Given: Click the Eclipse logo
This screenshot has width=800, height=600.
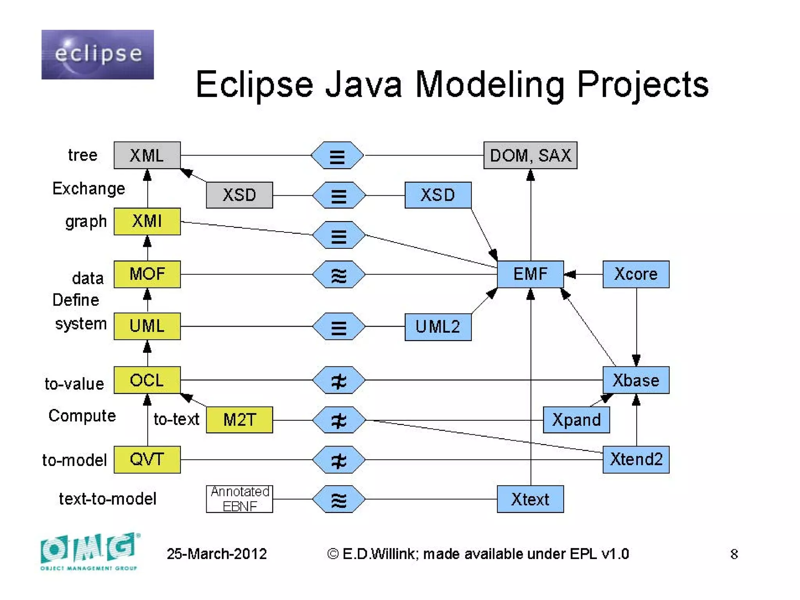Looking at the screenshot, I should tap(97, 54).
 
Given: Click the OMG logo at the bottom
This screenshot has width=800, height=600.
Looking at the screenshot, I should tap(89, 551).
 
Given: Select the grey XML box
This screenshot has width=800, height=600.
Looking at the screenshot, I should tap(147, 155).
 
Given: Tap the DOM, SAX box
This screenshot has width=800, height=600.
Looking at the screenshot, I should tap(530, 155).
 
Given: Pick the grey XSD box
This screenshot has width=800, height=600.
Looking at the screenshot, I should tap(239, 195).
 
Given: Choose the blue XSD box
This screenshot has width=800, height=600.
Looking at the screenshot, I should tap(437, 195).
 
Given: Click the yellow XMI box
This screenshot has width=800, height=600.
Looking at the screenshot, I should tap(147, 221).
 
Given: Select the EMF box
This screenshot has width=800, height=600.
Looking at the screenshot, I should tap(530, 274).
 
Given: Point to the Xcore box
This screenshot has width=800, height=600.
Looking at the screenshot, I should tap(636, 274).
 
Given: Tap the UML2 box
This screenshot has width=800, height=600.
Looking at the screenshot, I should tap(437, 327).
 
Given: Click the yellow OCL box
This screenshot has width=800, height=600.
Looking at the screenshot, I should tap(147, 380).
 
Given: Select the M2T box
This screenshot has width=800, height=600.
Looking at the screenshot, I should tap(239, 420).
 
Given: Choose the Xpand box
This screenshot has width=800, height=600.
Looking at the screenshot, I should tap(576, 420).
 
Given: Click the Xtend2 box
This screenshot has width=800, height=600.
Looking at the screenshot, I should tap(636, 459).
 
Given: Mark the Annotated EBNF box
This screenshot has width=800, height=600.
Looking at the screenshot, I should tap(239, 499).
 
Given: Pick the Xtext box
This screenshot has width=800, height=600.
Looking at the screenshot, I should tap(530, 499).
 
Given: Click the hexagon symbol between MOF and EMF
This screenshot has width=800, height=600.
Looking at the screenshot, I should tap(339, 275).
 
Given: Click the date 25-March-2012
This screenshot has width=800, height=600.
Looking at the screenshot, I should tap(216, 554).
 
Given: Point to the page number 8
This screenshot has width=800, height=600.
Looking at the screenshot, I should tap(734, 554).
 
